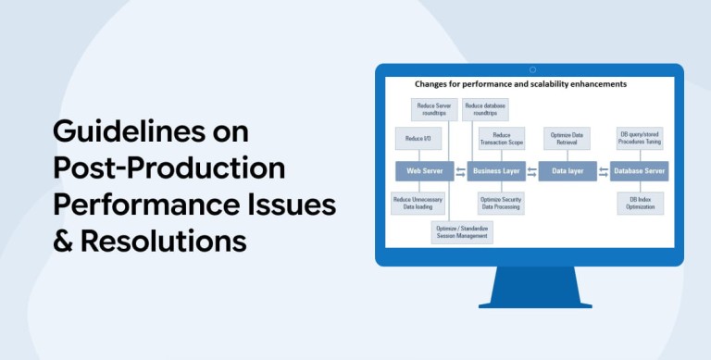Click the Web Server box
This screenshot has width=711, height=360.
[x=424, y=171]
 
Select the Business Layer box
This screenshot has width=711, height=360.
[x=496, y=171]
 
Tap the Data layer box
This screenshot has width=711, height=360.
[x=568, y=171]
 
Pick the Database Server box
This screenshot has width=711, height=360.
[x=640, y=171]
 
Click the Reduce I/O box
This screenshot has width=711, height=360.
[x=418, y=138]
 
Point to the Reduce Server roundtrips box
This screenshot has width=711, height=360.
[x=434, y=109]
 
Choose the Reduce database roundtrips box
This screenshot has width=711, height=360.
[x=485, y=109]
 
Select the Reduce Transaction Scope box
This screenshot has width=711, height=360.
[x=502, y=138]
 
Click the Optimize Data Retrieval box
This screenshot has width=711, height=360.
[x=567, y=138]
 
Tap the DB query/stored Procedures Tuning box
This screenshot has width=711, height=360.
[x=641, y=138]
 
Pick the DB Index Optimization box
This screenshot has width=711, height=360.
[x=641, y=203]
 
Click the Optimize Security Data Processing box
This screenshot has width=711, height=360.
[x=501, y=203]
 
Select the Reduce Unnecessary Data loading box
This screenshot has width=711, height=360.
[x=418, y=203]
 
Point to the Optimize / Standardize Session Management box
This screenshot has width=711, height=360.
[x=462, y=232]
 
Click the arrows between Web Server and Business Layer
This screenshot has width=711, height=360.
[x=461, y=172]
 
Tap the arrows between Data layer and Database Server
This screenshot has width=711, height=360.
[x=604, y=172]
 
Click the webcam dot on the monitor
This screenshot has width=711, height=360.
[x=533, y=69]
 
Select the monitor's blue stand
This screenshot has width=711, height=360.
[x=535, y=287]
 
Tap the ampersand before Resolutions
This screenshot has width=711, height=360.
[x=63, y=241]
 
